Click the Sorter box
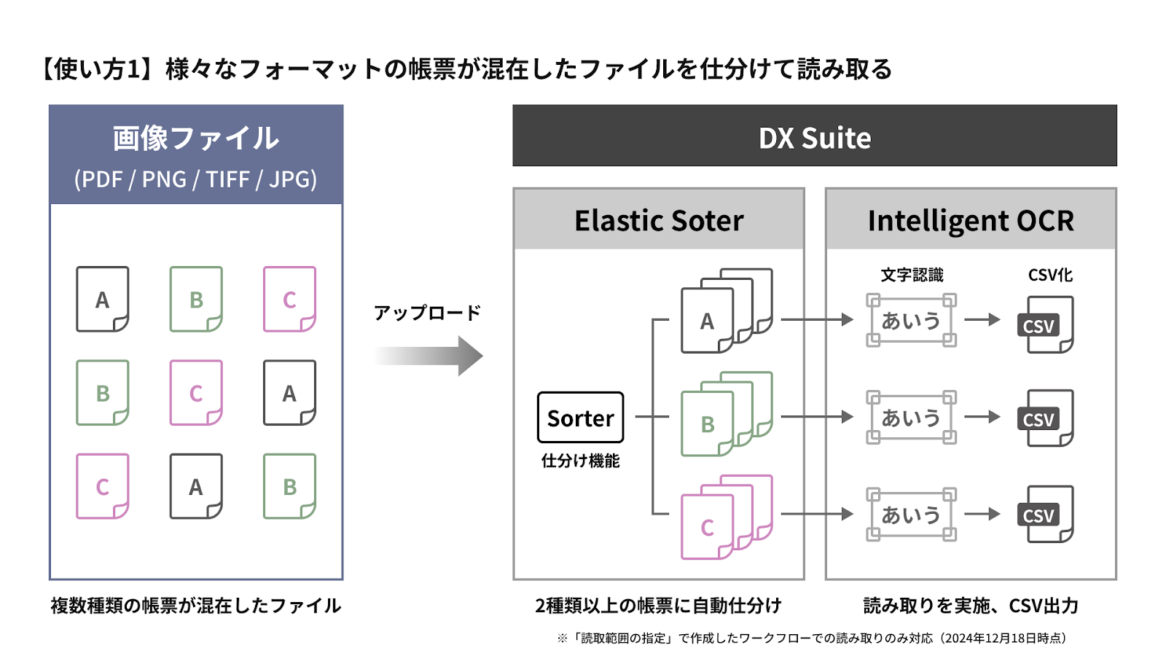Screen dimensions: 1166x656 580,418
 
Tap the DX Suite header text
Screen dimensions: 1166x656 815,138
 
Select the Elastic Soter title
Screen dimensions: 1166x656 659,220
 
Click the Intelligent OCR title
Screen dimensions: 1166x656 971,221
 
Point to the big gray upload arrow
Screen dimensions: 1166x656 429,356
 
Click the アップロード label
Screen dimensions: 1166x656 427,313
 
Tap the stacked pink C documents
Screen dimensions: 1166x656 727,517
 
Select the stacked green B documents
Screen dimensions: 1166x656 727,414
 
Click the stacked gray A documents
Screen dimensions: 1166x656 727,311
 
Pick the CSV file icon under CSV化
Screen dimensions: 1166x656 1046,324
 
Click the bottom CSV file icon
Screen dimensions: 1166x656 1046,514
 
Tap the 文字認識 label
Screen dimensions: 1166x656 912,275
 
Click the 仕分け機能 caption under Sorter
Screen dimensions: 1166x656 580,461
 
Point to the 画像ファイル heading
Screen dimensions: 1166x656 196,138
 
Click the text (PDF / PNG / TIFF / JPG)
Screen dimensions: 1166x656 196,179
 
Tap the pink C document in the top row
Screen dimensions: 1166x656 289,299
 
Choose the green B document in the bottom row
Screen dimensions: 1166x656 289,486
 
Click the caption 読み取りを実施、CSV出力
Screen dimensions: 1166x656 971,606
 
